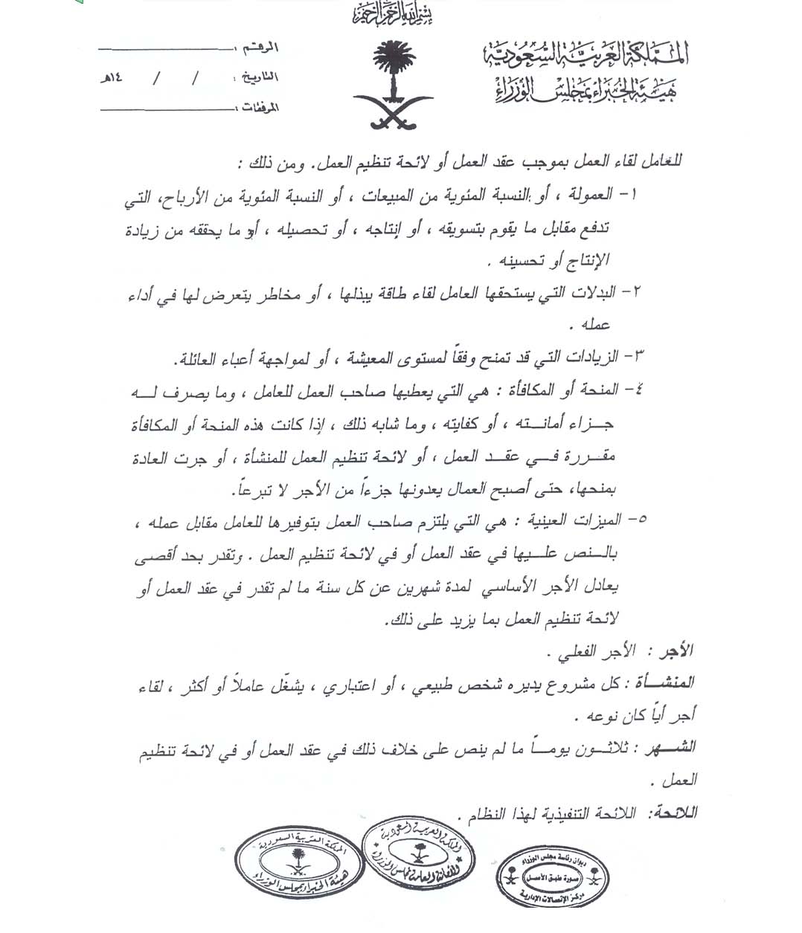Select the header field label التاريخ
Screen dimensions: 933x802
point(260,77)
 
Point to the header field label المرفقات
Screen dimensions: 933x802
point(260,107)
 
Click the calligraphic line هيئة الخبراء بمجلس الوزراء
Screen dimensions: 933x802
point(586,91)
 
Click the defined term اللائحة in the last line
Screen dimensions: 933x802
point(673,813)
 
